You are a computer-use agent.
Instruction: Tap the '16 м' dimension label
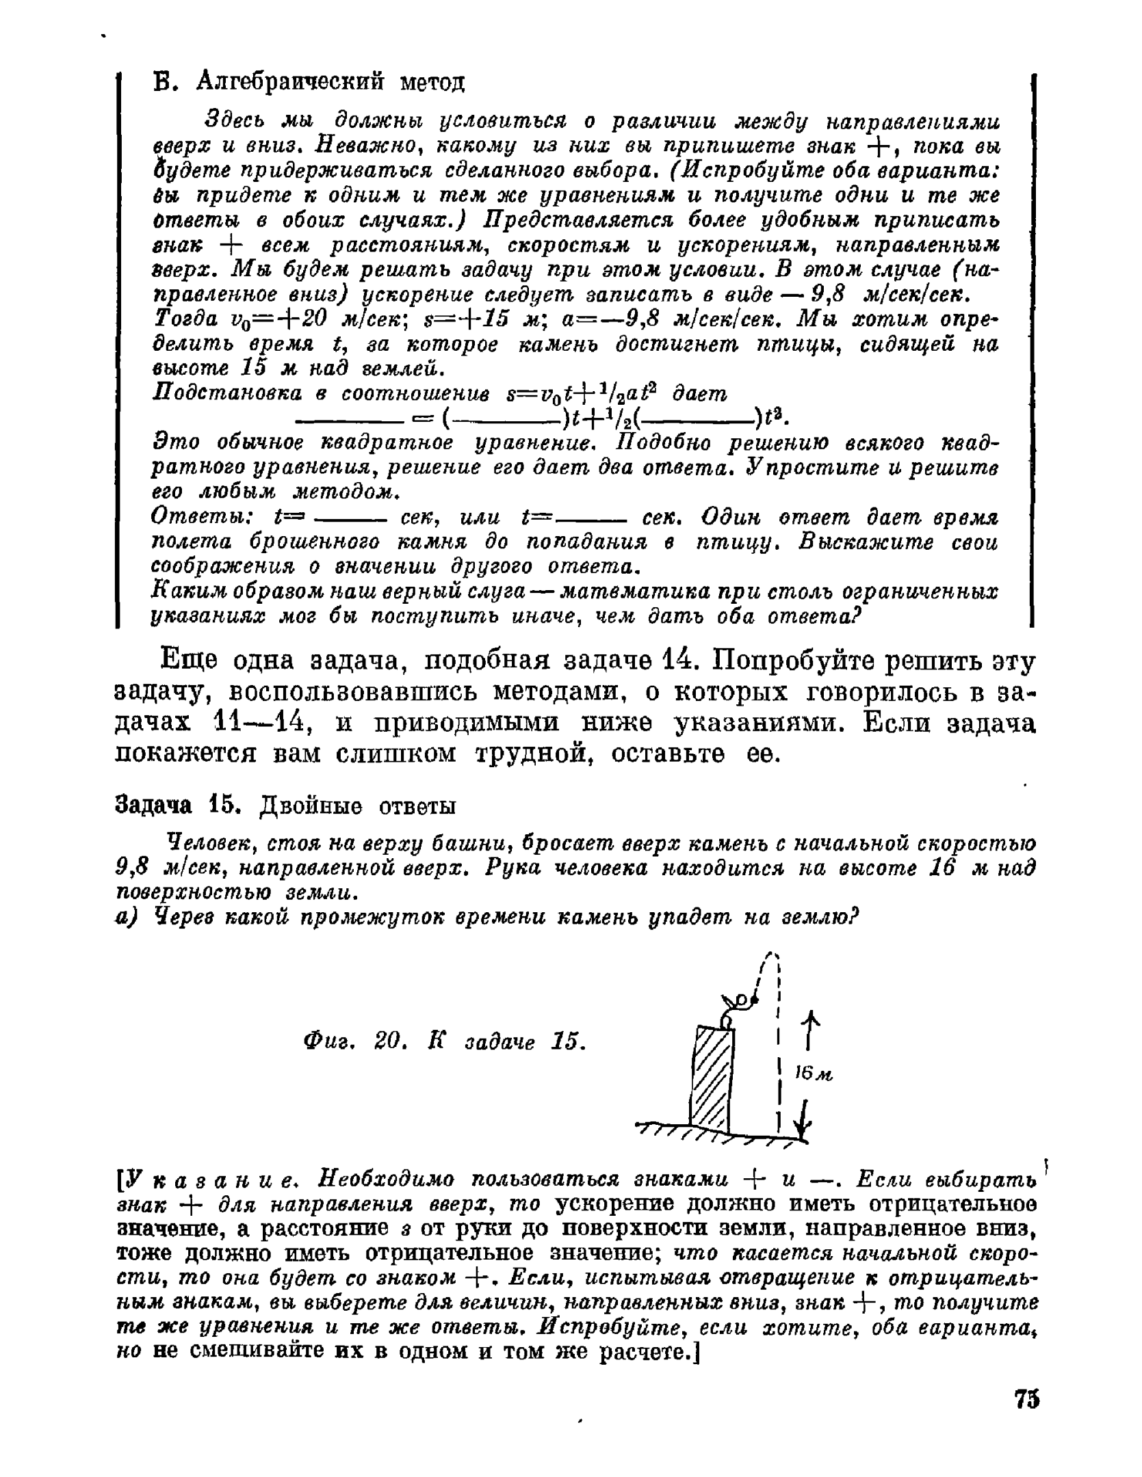tap(813, 1074)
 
